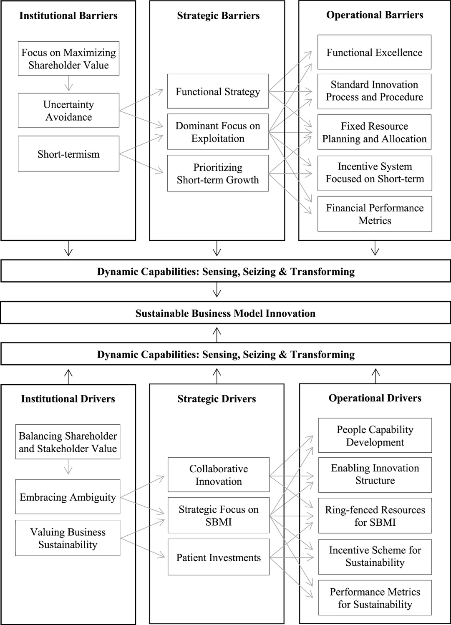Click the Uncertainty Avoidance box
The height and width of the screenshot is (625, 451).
pyautogui.click(x=68, y=111)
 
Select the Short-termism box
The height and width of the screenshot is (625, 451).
pyautogui.click(x=68, y=154)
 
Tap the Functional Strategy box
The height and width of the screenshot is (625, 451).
pyautogui.click(x=218, y=91)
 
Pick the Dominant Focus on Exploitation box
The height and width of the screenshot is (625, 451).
pyautogui.click(x=218, y=132)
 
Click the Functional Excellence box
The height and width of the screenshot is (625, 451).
pyautogui.click(x=374, y=53)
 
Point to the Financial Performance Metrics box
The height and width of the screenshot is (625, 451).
pyautogui.click(x=375, y=214)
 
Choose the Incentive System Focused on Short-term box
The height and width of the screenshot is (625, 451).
pyautogui.click(x=375, y=173)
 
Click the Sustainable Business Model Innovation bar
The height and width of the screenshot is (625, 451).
pyautogui.click(x=225, y=313)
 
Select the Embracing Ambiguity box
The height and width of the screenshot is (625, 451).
pyautogui.click(x=68, y=497)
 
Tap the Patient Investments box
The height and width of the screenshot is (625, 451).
pyautogui.click(x=219, y=557)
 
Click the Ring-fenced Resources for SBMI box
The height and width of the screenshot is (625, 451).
pyautogui.click(x=375, y=516)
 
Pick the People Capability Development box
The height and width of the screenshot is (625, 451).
pyautogui.click(x=375, y=436)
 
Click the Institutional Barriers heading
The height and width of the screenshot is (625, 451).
pyautogui.click(x=68, y=16)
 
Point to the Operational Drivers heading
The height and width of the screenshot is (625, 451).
pyautogui.click(x=375, y=398)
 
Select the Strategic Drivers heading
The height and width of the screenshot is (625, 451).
pyautogui.click(x=217, y=399)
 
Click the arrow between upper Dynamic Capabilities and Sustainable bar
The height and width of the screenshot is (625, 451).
pyautogui.click(x=217, y=290)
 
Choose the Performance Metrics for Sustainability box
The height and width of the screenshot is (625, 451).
pyautogui.click(x=375, y=598)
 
